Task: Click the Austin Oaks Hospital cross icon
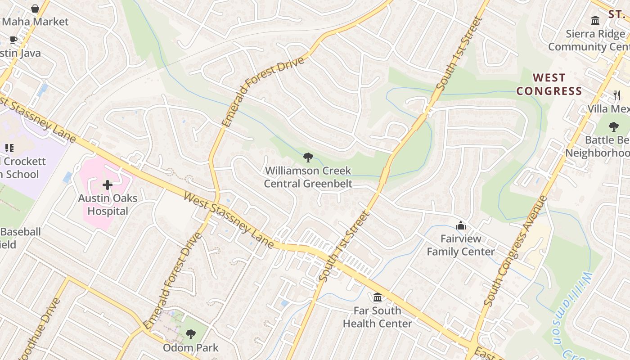coord(108,185)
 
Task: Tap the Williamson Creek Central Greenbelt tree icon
coord(308,157)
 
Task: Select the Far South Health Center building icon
coord(378,297)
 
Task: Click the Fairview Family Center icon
coord(461,225)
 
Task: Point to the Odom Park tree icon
coord(191,334)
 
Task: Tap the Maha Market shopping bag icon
coord(35,9)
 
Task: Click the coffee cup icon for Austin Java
coord(13,40)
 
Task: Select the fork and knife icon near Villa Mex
coord(617,95)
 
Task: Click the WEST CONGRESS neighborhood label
coord(549,84)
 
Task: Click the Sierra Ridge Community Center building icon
coord(596,20)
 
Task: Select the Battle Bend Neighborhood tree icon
coord(613,127)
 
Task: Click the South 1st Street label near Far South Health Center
coord(344,246)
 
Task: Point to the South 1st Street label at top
coord(459,54)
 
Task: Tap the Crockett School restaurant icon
coord(9,148)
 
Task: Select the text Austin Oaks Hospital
coord(107,204)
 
